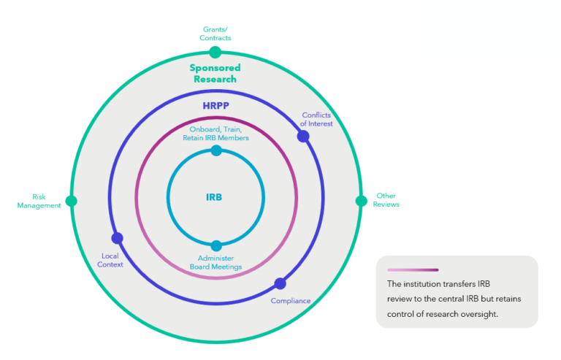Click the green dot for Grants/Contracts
click(215, 52)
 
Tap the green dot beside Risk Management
click(71, 201)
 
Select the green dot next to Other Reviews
click(360, 201)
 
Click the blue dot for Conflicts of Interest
click(303, 136)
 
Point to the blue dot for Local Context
click(117, 238)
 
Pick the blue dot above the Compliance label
click(280, 283)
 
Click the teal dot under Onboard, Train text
click(215, 150)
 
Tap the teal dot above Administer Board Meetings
click(215, 246)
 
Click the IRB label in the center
click(214, 197)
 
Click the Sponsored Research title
click(215, 73)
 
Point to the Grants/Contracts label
click(217, 34)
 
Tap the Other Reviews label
click(386, 200)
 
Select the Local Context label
click(110, 260)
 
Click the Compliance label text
click(291, 301)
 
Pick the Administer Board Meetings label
click(215, 262)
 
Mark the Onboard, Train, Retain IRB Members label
click(215, 134)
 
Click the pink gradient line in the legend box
click(413, 269)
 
